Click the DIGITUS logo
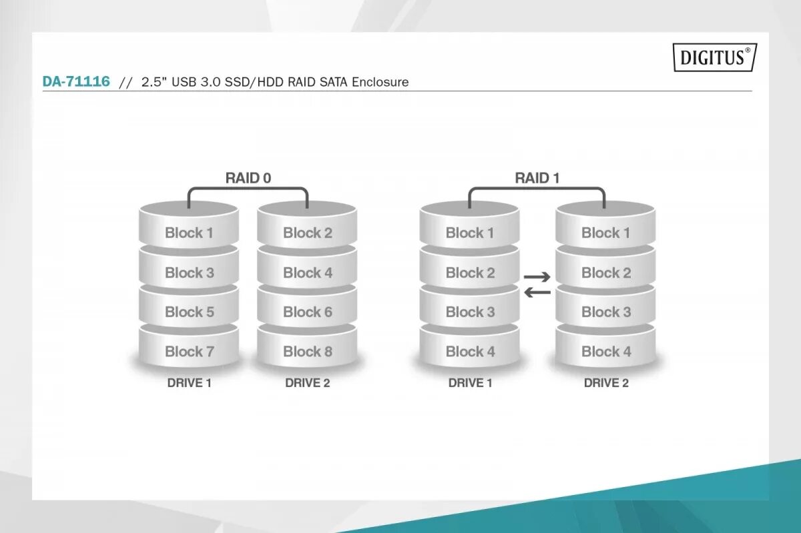tap(714, 57)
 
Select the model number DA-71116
tap(76, 82)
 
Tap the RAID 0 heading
tap(248, 177)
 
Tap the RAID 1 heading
tap(537, 177)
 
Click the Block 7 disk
tap(189, 352)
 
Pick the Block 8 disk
tap(307, 352)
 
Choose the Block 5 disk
tap(189, 312)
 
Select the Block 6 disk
tap(307, 312)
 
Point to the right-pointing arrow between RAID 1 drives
tap(537, 276)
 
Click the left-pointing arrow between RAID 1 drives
tap(537, 292)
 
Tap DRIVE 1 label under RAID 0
tap(189, 383)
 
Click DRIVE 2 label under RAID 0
tap(307, 383)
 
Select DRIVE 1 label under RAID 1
tap(470, 383)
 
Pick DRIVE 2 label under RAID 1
tap(606, 383)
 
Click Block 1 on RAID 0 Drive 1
tap(189, 233)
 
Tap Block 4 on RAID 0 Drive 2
tap(307, 273)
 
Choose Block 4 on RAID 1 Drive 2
tap(606, 352)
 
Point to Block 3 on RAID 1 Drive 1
tap(470, 312)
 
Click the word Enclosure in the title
tap(380, 82)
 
